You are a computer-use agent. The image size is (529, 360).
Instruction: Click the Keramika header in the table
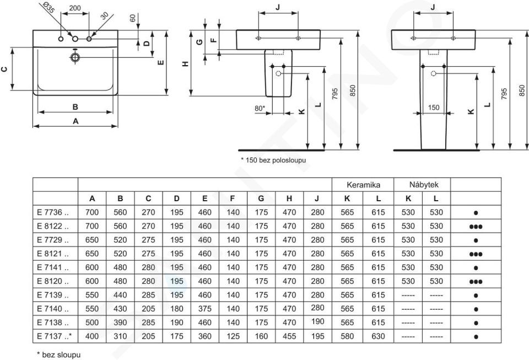point(363,185)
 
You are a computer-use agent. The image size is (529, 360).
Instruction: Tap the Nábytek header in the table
point(423,185)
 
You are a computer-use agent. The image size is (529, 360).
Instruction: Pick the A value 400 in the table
point(92,336)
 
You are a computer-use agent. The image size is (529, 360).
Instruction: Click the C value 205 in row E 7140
point(148,308)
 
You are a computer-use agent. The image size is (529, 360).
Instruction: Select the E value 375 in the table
point(204,308)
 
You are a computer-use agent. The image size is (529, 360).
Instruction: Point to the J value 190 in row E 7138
point(317,322)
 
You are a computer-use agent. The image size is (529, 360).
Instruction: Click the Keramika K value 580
point(348,336)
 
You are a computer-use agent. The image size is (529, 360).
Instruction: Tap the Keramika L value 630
point(378,336)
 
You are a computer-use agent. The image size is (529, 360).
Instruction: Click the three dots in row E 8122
point(476,225)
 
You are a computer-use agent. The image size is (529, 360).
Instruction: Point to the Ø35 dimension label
point(47,7)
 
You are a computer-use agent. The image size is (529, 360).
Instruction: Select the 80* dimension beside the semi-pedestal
point(260,108)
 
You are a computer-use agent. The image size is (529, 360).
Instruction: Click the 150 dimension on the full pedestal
point(434,108)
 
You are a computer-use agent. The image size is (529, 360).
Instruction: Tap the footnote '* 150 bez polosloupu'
point(273,160)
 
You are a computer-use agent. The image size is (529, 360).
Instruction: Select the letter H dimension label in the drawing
point(186,63)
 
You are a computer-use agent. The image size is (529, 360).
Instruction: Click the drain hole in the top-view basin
point(75,57)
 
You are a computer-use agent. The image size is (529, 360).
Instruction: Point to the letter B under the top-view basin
point(75,106)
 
